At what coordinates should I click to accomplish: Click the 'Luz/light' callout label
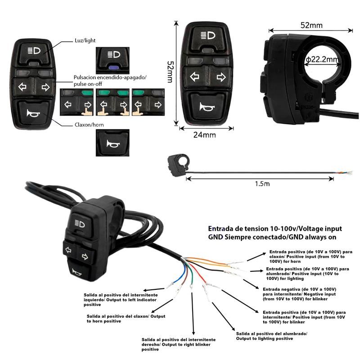(x=85, y=40)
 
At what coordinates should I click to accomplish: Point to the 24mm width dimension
(x=204, y=135)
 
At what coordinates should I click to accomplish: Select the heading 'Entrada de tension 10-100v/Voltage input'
(x=275, y=228)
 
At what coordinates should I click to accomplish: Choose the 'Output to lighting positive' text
(x=271, y=336)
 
